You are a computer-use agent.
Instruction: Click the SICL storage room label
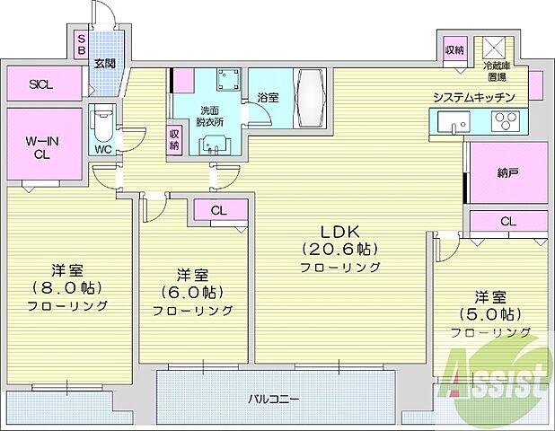(x=40, y=85)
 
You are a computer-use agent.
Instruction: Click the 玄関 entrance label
(x=104, y=63)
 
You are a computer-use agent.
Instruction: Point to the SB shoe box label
(x=81, y=45)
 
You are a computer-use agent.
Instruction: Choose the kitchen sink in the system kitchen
(x=448, y=121)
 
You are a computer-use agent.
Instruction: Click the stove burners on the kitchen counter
(x=503, y=121)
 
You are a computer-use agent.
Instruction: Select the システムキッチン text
(x=473, y=96)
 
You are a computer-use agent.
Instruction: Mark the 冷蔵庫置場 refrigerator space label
(x=495, y=71)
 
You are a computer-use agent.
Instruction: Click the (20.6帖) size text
(x=339, y=249)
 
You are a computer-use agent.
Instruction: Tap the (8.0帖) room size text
(x=67, y=287)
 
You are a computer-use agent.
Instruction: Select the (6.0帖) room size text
(x=193, y=292)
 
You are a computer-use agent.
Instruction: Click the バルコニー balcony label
(x=275, y=397)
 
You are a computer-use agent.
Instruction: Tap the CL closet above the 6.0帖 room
(x=218, y=212)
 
